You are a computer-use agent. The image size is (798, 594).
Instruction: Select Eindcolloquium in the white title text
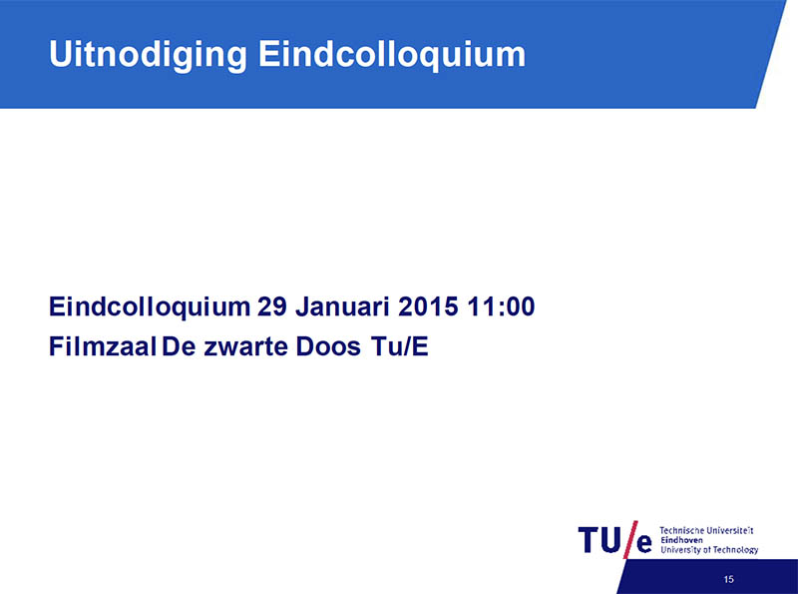(392, 55)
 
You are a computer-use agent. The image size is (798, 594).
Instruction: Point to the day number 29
(272, 306)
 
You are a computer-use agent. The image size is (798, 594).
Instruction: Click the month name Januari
(342, 306)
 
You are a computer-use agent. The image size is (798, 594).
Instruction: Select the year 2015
(428, 306)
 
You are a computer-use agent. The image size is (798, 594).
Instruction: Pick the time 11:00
(501, 306)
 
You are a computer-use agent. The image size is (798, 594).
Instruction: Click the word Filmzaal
(103, 346)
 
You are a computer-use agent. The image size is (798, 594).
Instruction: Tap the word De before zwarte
(179, 346)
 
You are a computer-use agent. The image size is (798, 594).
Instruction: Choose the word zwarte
(245, 347)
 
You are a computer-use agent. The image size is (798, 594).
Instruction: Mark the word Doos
(328, 346)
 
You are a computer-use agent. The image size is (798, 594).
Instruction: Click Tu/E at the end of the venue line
(400, 346)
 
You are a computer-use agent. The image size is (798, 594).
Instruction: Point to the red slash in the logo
(630, 539)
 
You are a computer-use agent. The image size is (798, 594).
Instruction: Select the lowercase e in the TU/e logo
(644, 543)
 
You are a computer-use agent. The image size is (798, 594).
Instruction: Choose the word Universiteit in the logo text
(728, 530)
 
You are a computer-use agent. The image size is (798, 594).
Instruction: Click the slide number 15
(729, 579)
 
